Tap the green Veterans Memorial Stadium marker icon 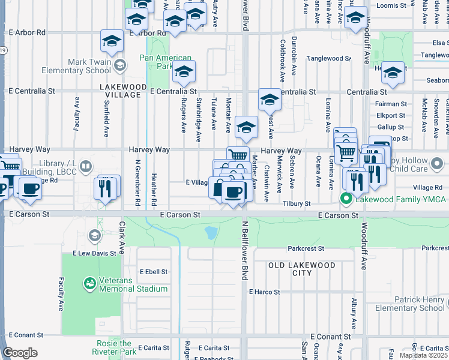tap(89, 282)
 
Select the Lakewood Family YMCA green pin tap(346, 199)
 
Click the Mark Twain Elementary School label tap(77, 66)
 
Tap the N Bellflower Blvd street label tap(245, 252)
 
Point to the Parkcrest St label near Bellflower tap(306, 248)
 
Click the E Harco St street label tap(265, 292)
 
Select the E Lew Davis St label tap(94, 253)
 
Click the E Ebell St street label tap(154, 272)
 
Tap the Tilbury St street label tap(297, 204)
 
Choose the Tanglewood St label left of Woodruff tap(328, 58)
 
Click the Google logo tap(20, 353)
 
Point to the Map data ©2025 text tap(423, 355)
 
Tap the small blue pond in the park tap(211, 232)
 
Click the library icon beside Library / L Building tap(86, 166)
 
